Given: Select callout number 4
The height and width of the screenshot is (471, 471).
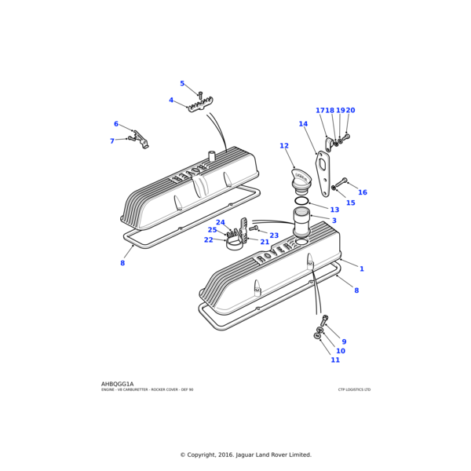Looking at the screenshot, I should tap(171, 100).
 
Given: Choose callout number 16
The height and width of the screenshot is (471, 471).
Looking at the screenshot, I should tap(363, 192).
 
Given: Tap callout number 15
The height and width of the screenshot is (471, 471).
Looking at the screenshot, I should tap(350, 203).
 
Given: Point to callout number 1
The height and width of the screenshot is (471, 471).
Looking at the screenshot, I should tap(362, 268).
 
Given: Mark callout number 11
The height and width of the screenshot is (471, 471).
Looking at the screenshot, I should tap(335, 360).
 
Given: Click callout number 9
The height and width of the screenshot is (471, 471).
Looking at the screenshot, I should tap(344, 341).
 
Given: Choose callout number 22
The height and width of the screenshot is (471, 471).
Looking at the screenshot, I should tap(208, 239).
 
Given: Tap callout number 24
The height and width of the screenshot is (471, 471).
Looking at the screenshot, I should tap(221, 222).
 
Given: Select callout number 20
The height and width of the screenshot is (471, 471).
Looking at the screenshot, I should tap(350, 111).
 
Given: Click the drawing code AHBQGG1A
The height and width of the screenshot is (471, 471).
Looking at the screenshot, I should tap(118, 384).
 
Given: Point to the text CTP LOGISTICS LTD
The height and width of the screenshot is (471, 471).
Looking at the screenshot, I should tap(354, 389).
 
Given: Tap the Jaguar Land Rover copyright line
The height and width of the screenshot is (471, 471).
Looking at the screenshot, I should tap(246, 455).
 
